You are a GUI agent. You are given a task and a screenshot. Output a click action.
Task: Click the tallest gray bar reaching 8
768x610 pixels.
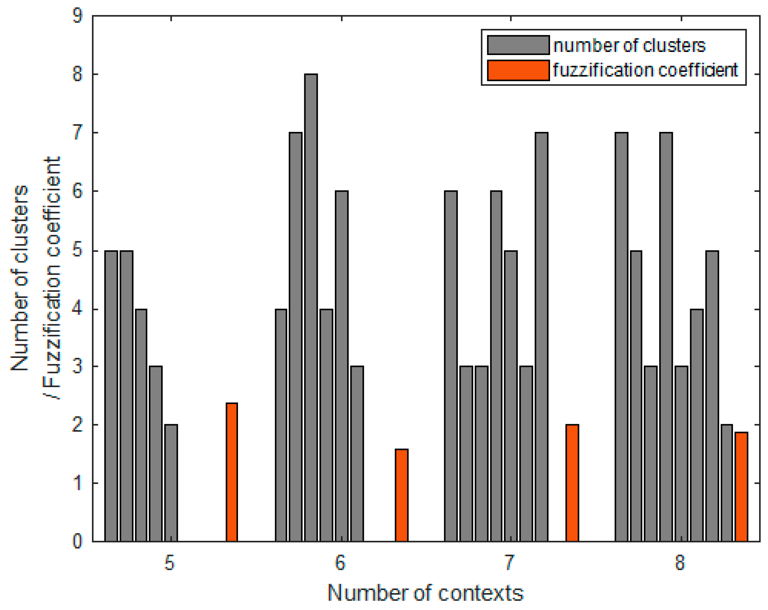(x=311, y=306)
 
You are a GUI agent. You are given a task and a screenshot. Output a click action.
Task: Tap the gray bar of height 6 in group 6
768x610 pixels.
(x=342, y=365)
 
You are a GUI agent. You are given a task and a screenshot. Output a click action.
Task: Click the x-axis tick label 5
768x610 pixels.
(x=170, y=563)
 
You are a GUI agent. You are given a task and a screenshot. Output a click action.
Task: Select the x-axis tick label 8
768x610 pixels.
(x=680, y=563)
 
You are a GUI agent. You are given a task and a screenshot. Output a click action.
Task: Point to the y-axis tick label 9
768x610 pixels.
(x=77, y=16)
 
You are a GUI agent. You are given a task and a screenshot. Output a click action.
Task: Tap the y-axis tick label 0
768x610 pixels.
(x=77, y=541)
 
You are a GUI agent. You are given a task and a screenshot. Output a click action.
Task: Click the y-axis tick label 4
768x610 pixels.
(x=77, y=310)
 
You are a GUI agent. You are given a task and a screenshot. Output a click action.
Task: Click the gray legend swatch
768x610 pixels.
(x=518, y=45)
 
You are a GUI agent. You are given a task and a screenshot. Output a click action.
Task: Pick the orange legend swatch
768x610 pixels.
(x=518, y=70)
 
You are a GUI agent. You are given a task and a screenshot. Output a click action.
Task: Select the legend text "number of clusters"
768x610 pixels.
(x=629, y=46)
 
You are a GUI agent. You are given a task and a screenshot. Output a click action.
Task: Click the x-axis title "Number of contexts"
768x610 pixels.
(x=425, y=593)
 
